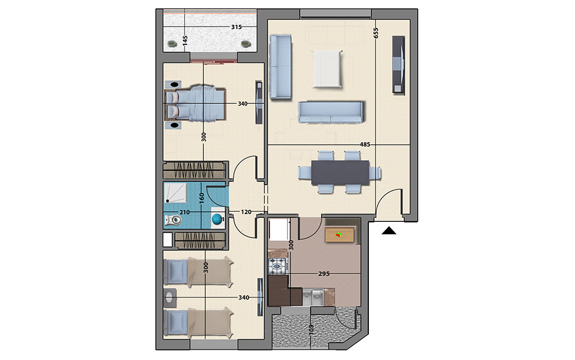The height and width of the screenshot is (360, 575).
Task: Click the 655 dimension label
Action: point(376,33)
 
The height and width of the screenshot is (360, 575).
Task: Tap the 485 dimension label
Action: point(365,144)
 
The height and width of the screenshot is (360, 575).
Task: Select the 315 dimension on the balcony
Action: point(236,27)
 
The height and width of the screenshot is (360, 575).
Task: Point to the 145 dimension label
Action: point(185,40)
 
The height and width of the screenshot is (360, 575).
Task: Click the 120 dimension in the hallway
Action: point(246,212)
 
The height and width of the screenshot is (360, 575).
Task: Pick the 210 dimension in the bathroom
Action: point(184,212)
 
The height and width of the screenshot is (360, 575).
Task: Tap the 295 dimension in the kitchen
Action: point(324,274)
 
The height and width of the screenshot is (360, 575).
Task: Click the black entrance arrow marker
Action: point(389,231)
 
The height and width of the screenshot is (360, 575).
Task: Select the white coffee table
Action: point(327,69)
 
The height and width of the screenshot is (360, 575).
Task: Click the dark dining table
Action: point(340,172)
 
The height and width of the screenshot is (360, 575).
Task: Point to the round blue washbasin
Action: point(217,219)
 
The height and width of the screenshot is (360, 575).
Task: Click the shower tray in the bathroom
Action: point(175,193)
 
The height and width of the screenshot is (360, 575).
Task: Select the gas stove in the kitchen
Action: point(277,266)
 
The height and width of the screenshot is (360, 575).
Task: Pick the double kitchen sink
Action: point(313,297)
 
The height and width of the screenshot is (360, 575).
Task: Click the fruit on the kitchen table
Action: point(339,235)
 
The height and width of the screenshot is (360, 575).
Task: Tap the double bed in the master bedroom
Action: point(195,103)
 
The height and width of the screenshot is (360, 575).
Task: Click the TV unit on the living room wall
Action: point(399,65)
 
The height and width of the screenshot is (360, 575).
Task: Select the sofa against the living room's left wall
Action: point(281,67)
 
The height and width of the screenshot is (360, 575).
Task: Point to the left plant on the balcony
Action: point(172,44)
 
